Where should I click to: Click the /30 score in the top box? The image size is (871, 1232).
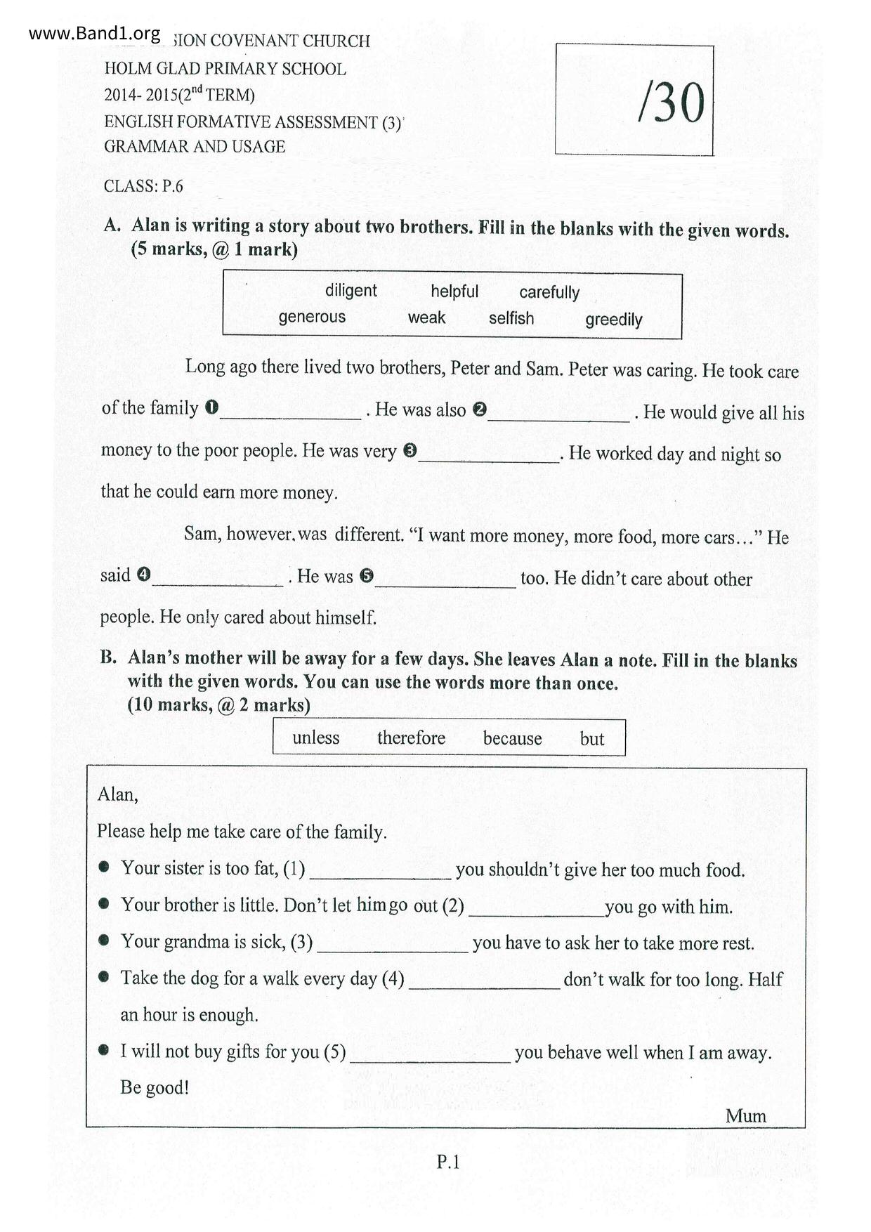(x=670, y=103)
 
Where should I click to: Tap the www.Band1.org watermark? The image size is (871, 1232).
(x=94, y=33)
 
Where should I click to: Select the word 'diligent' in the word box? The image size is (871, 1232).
(x=351, y=291)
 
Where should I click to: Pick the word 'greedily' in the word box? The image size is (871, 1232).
(x=613, y=320)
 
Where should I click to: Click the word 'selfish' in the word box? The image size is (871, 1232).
(x=511, y=318)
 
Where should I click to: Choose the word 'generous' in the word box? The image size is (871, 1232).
(x=312, y=317)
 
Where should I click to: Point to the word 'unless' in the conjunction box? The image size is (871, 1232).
(x=315, y=738)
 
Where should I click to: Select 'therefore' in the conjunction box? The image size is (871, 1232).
(x=411, y=738)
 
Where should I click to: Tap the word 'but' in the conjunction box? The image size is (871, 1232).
(x=591, y=739)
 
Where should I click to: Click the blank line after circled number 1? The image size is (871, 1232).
(x=291, y=414)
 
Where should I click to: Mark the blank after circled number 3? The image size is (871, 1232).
(x=489, y=457)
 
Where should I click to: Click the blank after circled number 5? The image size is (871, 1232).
(x=445, y=582)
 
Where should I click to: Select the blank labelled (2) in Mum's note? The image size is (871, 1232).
(x=537, y=911)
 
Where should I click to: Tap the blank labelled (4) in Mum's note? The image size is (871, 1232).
(x=485, y=983)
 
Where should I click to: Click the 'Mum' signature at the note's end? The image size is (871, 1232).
(x=745, y=1115)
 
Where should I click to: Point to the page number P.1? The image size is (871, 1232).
(x=447, y=1162)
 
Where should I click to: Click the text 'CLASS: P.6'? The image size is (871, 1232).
(x=143, y=186)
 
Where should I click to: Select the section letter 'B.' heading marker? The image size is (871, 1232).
(x=108, y=658)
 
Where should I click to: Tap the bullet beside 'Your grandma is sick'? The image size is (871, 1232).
(x=104, y=940)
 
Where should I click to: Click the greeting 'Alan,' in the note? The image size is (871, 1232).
(x=118, y=794)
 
